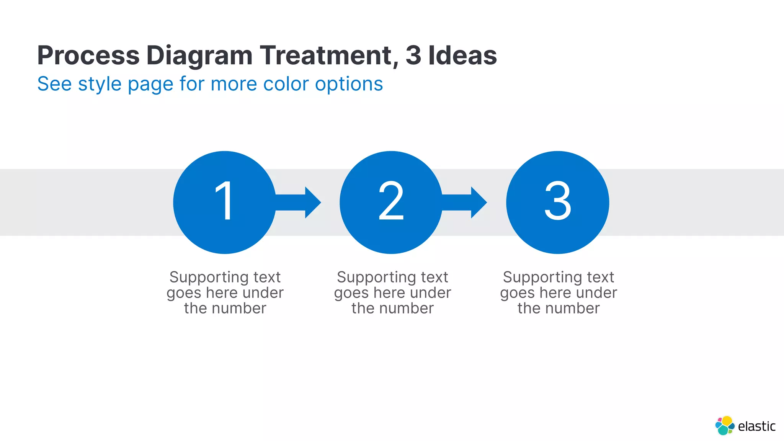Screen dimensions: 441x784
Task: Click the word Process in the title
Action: (x=88, y=56)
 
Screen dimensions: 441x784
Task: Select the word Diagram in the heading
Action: (x=199, y=56)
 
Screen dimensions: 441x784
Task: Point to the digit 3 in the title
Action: (x=413, y=56)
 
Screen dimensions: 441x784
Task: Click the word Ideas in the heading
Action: (x=462, y=56)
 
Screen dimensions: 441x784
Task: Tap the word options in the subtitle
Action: (x=349, y=84)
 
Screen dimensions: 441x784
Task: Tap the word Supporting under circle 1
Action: (x=204, y=278)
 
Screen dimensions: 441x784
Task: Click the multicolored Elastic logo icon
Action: (x=725, y=426)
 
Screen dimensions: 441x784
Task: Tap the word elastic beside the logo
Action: (x=756, y=426)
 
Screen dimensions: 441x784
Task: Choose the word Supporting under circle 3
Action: (x=537, y=278)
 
